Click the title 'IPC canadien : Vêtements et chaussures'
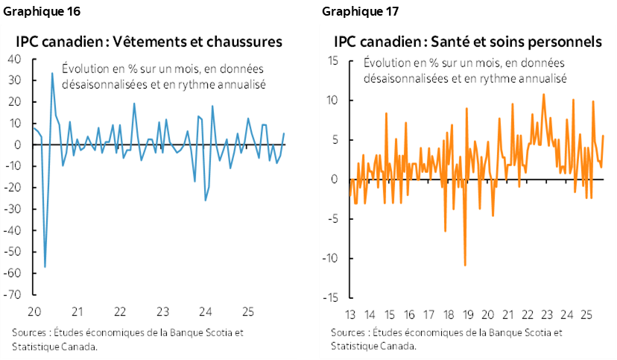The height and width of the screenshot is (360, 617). coord(149,41)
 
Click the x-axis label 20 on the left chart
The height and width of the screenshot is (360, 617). coord(33,310)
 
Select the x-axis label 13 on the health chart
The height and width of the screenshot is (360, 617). coord(349,313)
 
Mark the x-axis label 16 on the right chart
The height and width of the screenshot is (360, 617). coord(408,313)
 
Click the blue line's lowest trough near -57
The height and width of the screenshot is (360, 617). coord(45,266)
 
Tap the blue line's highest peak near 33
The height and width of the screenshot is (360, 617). coord(51,73)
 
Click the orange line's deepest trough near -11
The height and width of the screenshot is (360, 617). coord(465,265)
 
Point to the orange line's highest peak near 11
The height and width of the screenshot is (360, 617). coord(543,94)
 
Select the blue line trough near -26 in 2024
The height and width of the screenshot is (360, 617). coord(205,200)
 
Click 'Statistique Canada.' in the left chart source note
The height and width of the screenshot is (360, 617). coord(55,346)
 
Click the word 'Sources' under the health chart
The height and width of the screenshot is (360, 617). coord(347,332)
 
